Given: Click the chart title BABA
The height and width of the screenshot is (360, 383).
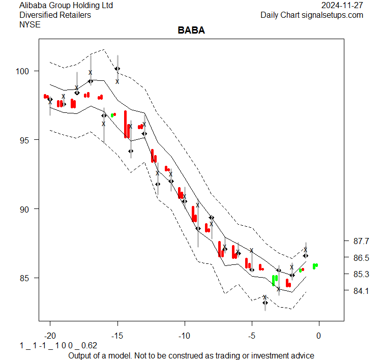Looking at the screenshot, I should tap(191, 31).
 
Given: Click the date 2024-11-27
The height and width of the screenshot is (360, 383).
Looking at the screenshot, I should tap(343, 6).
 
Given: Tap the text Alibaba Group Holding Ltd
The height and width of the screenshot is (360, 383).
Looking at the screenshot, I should tap(66, 6).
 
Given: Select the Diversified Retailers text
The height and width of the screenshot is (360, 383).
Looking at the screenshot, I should tap(55, 15).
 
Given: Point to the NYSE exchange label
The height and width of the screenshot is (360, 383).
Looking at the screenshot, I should tap(29, 24).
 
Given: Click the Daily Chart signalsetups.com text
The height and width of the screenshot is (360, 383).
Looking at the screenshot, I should tap(312, 15).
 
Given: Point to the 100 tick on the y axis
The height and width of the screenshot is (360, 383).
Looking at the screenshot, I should tap(25, 71).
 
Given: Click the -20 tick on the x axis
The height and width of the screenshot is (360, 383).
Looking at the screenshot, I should tap(50, 336).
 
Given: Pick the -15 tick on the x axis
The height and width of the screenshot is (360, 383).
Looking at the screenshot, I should tap(117, 336).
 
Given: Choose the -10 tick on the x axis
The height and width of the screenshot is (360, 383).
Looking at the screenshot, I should tap(184, 336).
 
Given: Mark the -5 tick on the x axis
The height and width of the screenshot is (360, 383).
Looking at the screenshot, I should tap(251, 336).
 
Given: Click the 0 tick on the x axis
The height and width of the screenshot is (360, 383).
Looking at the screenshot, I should tap(319, 336).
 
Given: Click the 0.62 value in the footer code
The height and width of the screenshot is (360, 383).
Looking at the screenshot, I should tap(89, 346).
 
